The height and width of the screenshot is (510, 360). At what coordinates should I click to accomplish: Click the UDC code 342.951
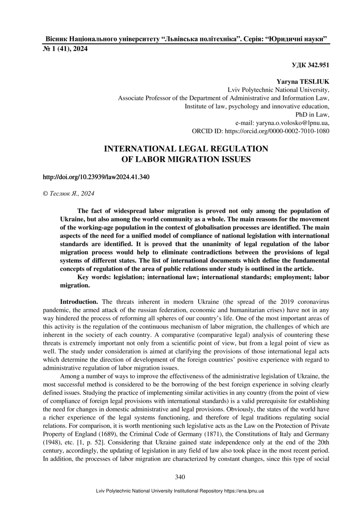tap(310, 65)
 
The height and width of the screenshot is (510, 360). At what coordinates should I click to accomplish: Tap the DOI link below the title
tap(96, 177)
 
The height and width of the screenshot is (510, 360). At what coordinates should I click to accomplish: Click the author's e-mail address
tap(292, 123)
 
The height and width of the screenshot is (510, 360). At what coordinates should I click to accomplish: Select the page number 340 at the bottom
tap(180, 477)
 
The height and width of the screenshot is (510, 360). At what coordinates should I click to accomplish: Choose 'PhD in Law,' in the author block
tap(312, 115)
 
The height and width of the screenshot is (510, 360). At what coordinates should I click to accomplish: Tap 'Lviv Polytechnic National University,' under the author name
tap(278, 90)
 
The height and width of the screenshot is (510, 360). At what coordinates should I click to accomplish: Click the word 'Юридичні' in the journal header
tap(285, 39)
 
